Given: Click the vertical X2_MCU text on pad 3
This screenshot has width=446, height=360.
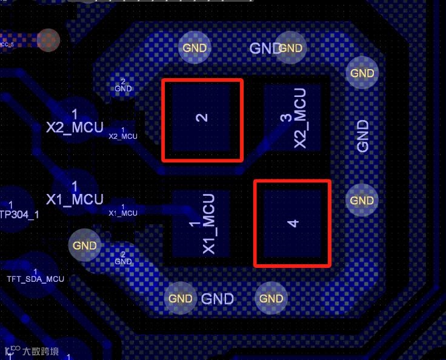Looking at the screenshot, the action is pos(300,118).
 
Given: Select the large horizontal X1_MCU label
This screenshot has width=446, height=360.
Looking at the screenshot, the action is pos(75,199).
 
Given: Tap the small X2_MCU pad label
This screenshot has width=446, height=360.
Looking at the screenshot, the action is pos(122,136).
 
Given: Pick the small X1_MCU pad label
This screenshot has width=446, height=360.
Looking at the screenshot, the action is pos(122,213).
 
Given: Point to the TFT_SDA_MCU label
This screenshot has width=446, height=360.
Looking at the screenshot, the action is pos(35,279).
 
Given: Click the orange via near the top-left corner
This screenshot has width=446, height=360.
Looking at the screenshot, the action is pos(48,40).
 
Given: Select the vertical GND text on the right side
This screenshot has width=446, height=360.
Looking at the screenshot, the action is pos(363,136).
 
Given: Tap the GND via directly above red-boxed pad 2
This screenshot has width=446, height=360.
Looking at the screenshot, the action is pos(195,48).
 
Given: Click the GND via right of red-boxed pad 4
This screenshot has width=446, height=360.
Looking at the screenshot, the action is pos(362,201).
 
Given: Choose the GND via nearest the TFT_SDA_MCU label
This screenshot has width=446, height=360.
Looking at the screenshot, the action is pos(84,245).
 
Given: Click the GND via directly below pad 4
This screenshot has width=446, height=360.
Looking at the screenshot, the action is pos(271,298).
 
